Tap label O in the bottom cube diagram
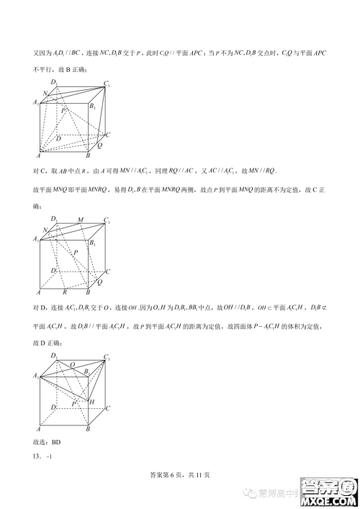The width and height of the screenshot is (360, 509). (72, 364)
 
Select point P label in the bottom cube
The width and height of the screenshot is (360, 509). (73, 404)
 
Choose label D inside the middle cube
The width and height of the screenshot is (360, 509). (54, 270)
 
